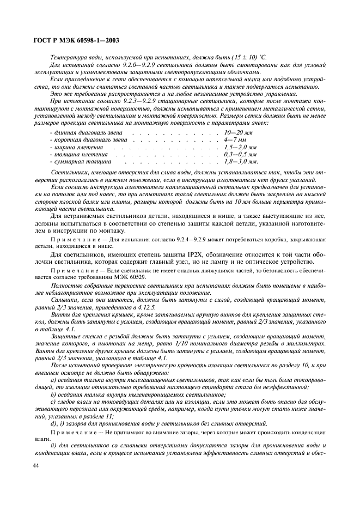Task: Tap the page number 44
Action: (36, 465)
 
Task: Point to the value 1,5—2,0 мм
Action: (240, 147)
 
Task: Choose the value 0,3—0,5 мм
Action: (240, 154)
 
